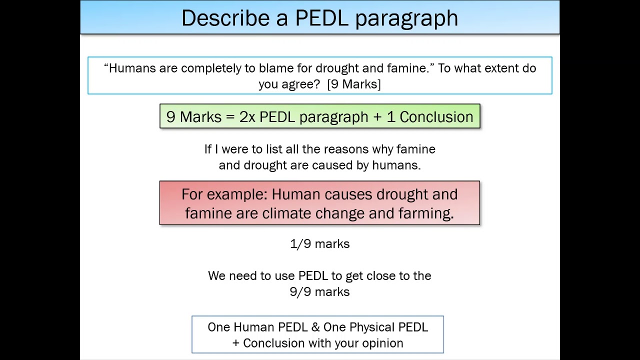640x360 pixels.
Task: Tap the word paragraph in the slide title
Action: pyautogui.click(x=406, y=19)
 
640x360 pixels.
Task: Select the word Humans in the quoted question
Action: pyautogui.click(x=132, y=68)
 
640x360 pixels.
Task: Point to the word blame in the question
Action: pyautogui.click(x=276, y=68)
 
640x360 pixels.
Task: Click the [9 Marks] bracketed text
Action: pyautogui.click(x=354, y=84)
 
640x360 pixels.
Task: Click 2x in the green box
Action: pyautogui.click(x=247, y=116)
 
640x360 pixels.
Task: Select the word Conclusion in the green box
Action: pyautogui.click(x=436, y=116)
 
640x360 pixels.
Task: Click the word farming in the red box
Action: pyautogui.click(x=425, y=213)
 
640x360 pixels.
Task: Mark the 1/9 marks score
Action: pyautogui.click(x=319, y=243)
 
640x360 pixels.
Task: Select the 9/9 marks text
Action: pyautogui.click(x=319, y=291)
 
